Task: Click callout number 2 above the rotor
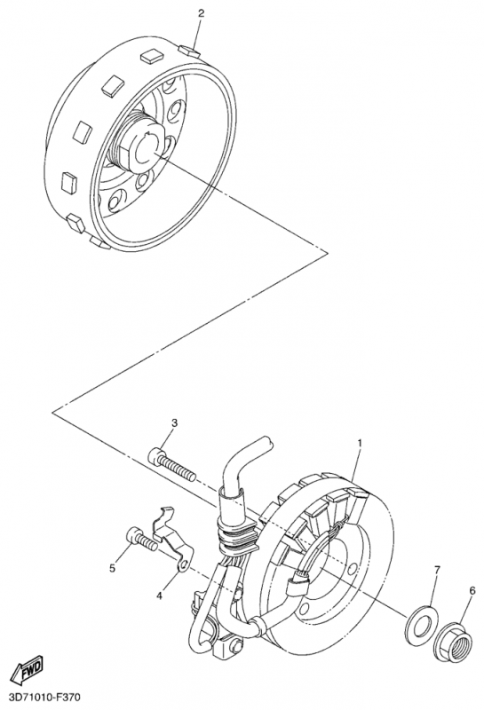[201, 13]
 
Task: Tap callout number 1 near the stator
[360, 442]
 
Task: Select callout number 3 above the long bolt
[174, 423]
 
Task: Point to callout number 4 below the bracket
[159, 596]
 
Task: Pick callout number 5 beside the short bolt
[113, 567]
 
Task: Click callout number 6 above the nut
[472, 590]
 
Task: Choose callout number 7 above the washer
[437, 569]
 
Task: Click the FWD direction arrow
[27, 667]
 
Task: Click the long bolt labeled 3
[171, 463]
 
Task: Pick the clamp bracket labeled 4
[172, 537]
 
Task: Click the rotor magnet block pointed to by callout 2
[189, 50]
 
